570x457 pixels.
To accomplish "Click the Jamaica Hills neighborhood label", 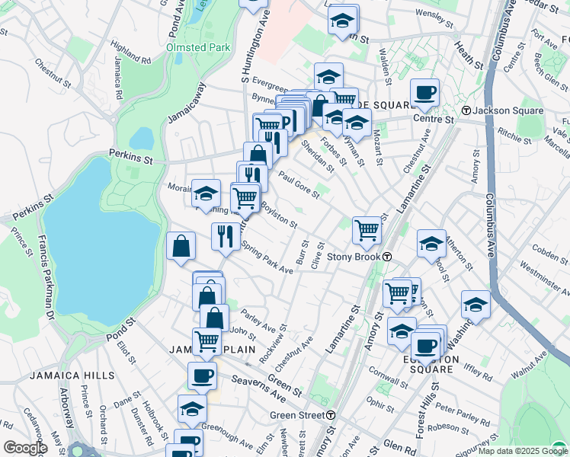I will point(72,376).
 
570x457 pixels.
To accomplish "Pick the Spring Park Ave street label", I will point(267,259).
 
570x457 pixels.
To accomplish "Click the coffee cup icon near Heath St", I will point(424,93).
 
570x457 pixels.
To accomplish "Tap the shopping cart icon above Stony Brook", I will point(367,230).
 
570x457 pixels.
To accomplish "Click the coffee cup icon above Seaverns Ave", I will point(202,375).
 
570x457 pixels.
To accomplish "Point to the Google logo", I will point(25,447).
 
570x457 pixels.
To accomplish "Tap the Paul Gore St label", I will point(297,186).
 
